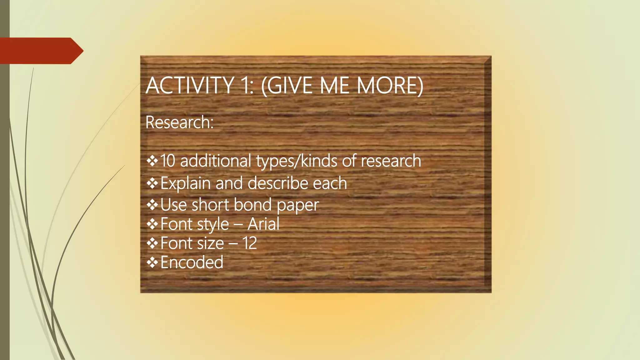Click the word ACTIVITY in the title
[189, 85]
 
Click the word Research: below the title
[179, 122]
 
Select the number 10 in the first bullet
[167, 161]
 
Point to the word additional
[216, 161]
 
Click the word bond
[252, 205]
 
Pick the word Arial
[263, 224]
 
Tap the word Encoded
[192, 262]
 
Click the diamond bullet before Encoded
[152, 262]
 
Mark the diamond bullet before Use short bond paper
[152, 205]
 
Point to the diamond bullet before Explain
[152, 183]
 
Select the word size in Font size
[211, 243]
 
